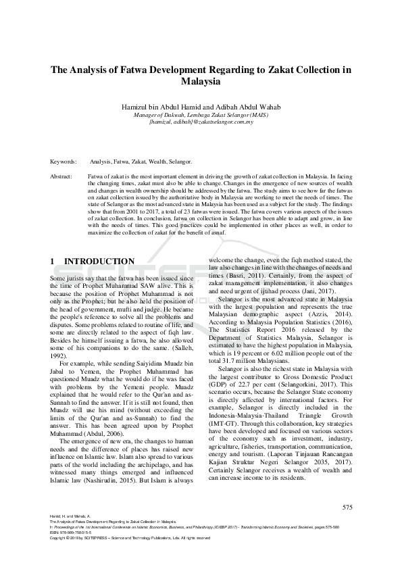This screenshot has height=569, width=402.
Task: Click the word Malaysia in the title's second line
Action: pos(201,82)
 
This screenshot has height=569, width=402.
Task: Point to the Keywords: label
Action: pos(64,162)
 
